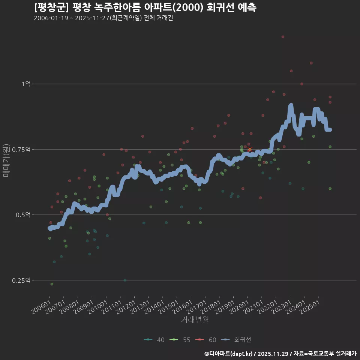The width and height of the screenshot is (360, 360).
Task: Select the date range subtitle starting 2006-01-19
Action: tap(103, 18)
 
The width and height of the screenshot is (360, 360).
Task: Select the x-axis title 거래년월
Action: tap(195, 319)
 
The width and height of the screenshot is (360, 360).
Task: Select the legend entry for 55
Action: tap(180, 340)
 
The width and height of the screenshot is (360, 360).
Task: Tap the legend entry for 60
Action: tap(206, 340)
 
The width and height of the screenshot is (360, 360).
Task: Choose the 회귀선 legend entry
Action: tap(236, 340)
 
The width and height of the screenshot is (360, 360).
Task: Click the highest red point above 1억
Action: tap(283, 37)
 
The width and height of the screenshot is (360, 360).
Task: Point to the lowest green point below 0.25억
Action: tap(52, 284)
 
